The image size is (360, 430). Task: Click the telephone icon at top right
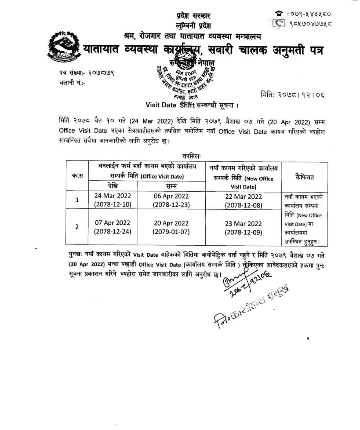[279, 13]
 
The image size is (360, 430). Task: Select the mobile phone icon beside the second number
[279, 23]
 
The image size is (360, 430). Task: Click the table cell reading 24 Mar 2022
[113, 200]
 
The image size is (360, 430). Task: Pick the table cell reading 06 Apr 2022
[171, 200]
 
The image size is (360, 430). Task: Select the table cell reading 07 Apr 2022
[113, 227]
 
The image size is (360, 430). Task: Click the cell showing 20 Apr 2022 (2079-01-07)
[171, 227]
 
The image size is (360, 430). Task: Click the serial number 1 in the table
[77, 200]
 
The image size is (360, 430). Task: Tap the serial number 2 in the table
[77, 227]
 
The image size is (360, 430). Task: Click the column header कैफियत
[304, 177]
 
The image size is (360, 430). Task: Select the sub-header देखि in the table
[113, 186]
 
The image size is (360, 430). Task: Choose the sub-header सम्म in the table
[171, 186]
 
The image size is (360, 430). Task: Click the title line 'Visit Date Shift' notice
[192, 105]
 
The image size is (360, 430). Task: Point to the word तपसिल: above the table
[191, 156]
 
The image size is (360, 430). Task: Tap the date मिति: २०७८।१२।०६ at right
[292, 95]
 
